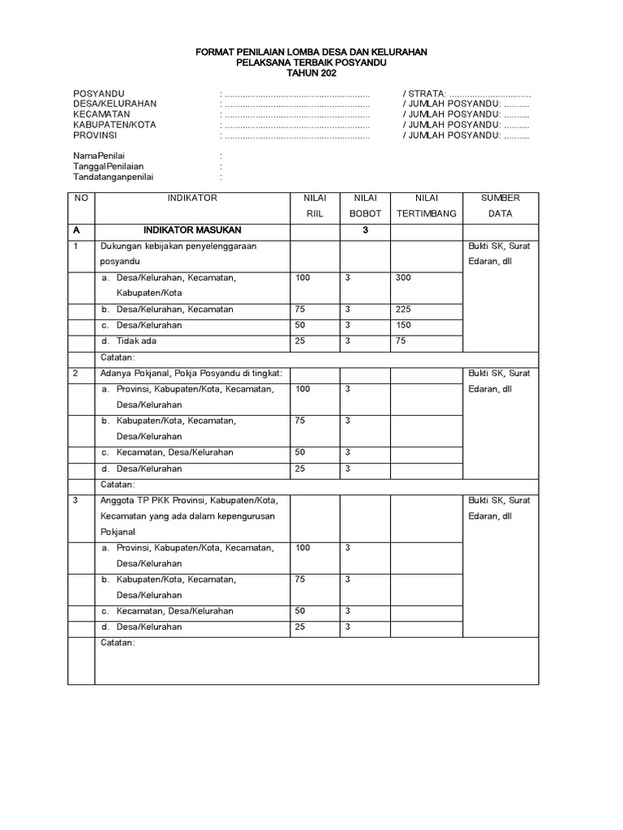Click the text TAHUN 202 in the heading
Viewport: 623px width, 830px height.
point(311,73)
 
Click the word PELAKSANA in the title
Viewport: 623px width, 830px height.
point(261,62)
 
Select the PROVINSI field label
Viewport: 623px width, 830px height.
point(97,136)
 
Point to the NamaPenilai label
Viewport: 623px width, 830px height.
point(99,156)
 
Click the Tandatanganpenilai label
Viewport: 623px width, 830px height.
point(113,177)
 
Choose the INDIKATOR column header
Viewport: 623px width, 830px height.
point(192,198)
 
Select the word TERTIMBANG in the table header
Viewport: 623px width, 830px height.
point(426,214)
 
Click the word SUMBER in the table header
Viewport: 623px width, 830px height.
point(501,198)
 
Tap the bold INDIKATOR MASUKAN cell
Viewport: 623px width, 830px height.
point(192,230)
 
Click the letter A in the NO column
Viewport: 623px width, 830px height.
point(76,230)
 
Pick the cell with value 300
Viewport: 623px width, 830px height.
point(403,278)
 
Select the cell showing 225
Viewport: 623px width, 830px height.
point(403,310)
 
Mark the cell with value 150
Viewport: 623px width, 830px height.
point(403,325)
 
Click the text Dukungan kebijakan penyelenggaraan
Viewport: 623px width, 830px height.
point(178,246)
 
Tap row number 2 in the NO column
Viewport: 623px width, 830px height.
point(75,374)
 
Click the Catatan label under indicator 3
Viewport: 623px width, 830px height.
point(118,644)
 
